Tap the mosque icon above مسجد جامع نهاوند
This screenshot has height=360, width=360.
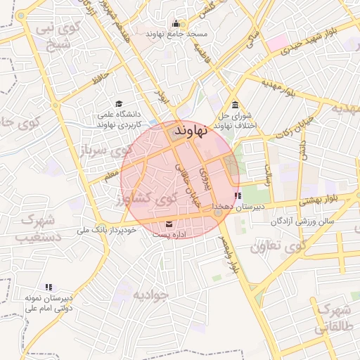[174, 23]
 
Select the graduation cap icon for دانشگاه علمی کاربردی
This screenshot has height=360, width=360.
[118, 103]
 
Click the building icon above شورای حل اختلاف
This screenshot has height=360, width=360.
[234, 105]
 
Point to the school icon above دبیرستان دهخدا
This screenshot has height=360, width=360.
[238, 196]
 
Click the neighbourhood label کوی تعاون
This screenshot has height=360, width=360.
[279, 246]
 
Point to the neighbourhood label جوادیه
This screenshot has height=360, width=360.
[151, 294]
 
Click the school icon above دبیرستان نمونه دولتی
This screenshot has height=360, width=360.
[49, 287]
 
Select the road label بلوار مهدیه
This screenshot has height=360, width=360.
[281, 88]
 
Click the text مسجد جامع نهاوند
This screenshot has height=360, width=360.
[174, 34]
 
